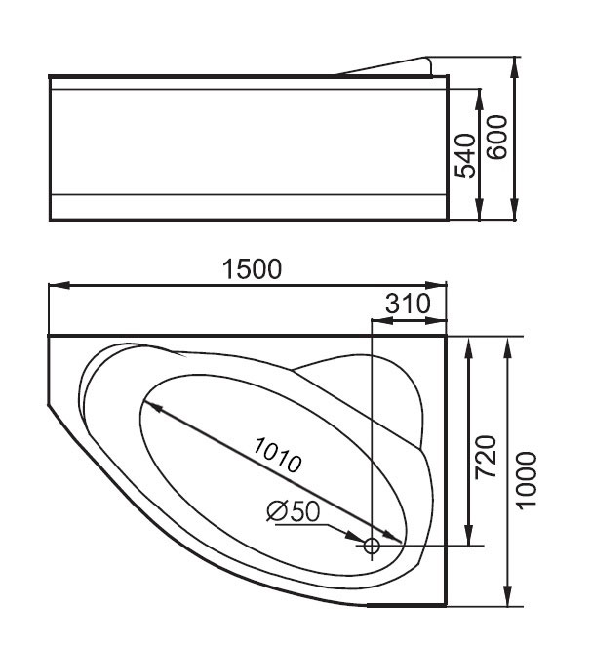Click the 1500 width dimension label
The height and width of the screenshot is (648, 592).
pos(252,269)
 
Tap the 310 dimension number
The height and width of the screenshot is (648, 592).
pos(408,304)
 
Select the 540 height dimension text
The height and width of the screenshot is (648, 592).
pos(465,156)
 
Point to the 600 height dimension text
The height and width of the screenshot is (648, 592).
pos(496,138)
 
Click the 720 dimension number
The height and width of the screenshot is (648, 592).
pos(486,458)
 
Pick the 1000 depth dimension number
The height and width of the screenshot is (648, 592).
pos(527,481)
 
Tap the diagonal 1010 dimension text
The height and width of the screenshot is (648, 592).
pos(278,455)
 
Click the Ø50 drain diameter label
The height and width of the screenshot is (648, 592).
pos(294,511)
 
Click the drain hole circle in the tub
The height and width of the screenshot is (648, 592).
pos(372,546)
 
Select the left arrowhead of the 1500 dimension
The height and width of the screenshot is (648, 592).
pos(59,286)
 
